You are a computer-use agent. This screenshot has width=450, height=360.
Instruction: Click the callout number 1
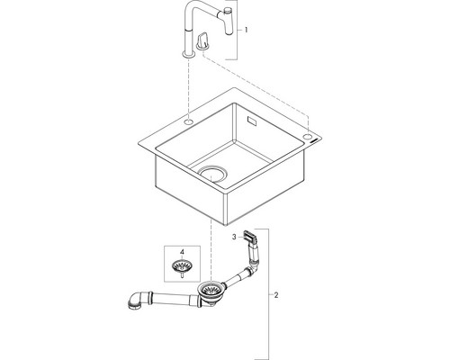(x=246, y=30)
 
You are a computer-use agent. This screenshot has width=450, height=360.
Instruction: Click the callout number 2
(x=276, y=295)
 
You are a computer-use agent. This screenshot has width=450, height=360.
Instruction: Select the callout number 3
(x=234, y=237)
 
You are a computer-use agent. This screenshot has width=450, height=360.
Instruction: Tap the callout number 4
(x=182, y=252)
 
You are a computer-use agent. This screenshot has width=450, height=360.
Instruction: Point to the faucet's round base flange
(x=188, y=54)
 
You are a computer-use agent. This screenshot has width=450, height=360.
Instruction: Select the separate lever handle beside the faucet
(x=203, y=40)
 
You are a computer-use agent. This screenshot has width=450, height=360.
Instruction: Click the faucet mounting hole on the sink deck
(x=189, y=121)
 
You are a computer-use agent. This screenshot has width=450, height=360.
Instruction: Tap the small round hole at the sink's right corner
(x=308, y=137)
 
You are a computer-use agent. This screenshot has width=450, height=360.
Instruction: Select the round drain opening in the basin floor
(x=212, y=175)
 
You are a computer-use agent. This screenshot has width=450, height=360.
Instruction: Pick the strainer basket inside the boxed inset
(x=182, y=266)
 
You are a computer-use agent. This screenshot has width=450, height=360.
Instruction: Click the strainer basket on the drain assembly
(x=211, y=291)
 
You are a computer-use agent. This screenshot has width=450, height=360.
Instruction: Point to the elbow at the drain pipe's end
(x=137, y=301)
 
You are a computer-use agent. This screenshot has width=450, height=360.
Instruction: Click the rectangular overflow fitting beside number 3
(x=250, y=237)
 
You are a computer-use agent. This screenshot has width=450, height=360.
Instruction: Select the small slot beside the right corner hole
(x=315, y=140)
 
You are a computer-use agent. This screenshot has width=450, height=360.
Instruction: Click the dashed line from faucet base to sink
(x=189, y=87)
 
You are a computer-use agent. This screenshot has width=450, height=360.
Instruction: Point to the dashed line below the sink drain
(x=211, y=251)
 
